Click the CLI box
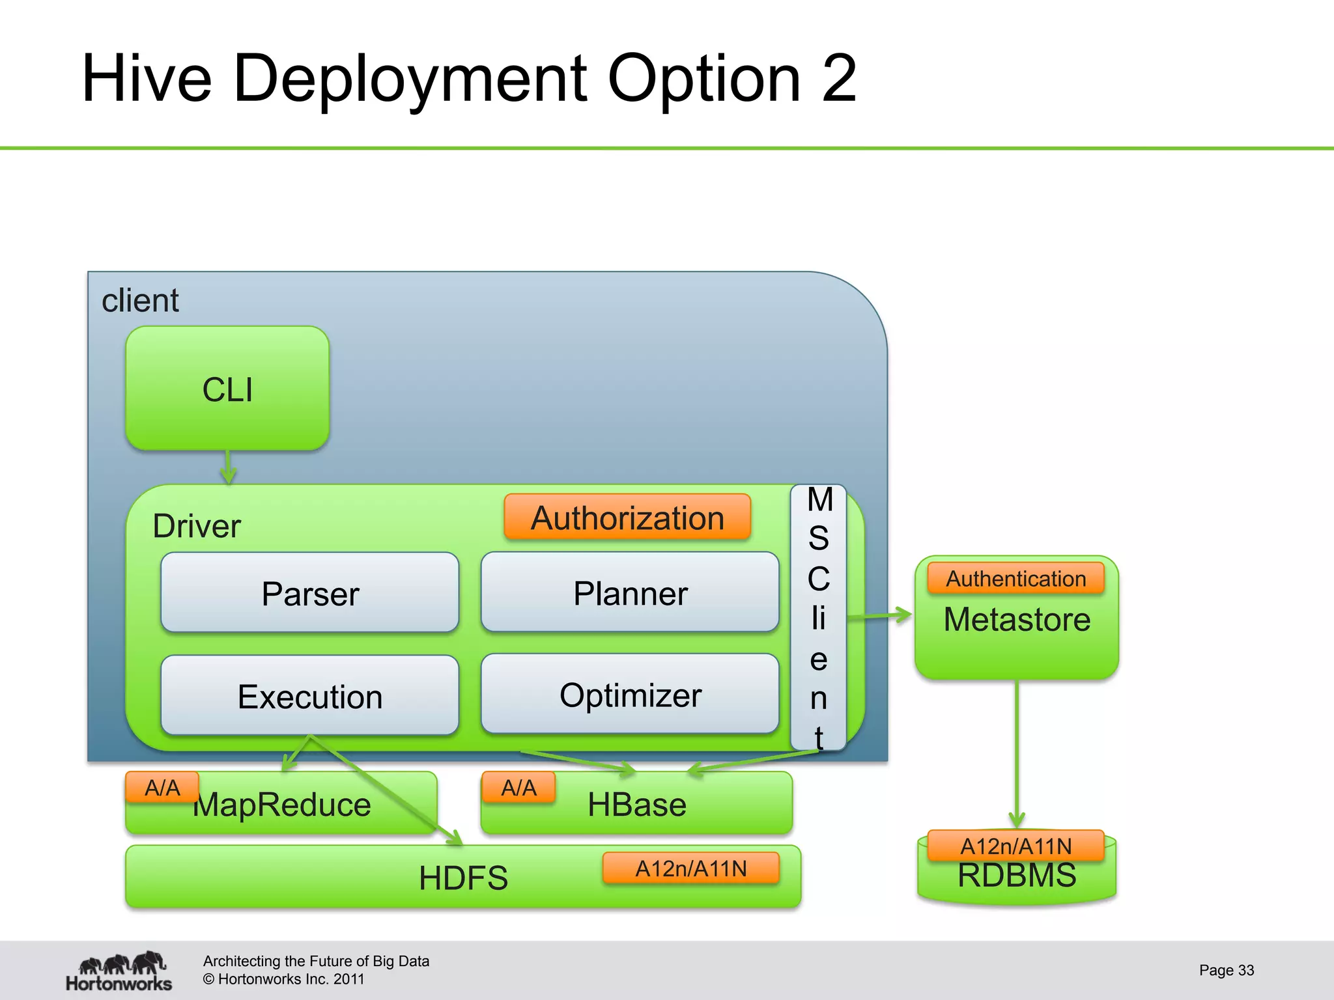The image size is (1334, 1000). [x=227, y=389]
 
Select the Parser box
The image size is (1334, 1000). [x=310, y=592]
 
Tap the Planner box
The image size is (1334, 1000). [x=630, y=592]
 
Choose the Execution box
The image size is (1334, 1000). [x=310, y=695]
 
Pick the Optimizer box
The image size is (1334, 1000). [x=630, y=694]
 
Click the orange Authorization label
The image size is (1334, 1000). [x=627, y=518]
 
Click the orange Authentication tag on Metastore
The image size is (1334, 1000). [x=1015, y=578]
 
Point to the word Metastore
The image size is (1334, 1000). [x=1017, y=619]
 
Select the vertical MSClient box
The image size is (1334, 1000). [x=819, y=617]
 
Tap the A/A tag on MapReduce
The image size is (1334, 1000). [x=162, y=788]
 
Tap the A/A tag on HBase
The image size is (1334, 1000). [x=518, y=788]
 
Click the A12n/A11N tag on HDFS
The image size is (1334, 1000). [x=691, y=868]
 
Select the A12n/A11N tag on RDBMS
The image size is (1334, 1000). [x=1015, y=846]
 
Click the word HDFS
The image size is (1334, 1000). [x=463, y=878]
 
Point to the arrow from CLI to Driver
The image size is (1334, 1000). [x=228, y=467]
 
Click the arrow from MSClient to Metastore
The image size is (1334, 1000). [x=879, y=615]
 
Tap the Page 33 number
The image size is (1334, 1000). [x=1226, y=970]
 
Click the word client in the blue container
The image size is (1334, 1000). [x=140, y=300]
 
